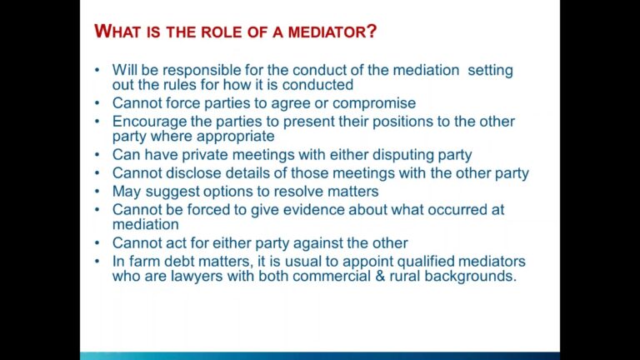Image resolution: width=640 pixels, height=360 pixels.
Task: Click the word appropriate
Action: point(232,136)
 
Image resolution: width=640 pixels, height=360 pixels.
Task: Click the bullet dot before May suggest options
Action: point(98,192)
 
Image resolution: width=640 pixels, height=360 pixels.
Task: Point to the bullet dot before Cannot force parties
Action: point(98,103)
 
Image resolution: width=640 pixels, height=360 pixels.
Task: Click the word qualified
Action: point(423,262)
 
